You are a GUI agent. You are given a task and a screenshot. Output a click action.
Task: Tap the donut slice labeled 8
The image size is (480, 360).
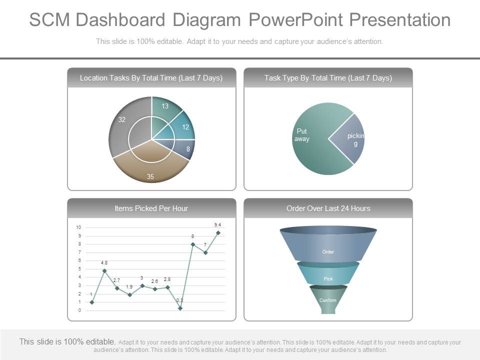(x=187, y=149)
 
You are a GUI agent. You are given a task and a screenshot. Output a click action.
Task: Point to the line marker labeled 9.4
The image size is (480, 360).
(x=218, y=233)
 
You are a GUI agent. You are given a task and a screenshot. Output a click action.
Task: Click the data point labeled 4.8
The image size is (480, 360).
(x=104, y=271)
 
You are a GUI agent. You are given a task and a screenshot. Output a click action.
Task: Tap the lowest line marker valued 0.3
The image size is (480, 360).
(x=180, y=308)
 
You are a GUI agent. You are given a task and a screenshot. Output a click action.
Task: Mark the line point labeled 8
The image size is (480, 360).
(x=192, y=244)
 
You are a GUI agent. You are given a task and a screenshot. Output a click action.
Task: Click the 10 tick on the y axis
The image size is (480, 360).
(x=78, y=227)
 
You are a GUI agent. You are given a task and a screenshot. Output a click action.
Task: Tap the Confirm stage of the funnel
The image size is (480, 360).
(x=328, y=300)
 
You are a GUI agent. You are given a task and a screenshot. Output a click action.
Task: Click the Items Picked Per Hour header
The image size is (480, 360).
(x=151, y=208)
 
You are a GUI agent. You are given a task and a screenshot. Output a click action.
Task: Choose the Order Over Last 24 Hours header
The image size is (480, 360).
(x=328, y=208)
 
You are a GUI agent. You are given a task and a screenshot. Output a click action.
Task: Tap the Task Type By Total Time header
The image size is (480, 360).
(x=328, y=78)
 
